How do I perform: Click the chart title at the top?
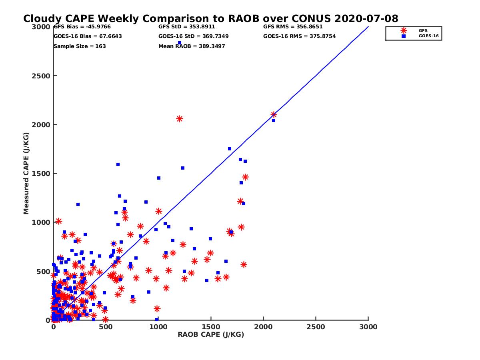coord(210,19)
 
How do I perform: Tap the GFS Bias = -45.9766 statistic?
coord(82,27)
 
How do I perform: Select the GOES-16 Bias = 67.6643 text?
coord(88,36)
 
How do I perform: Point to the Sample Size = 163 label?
coord(80,46)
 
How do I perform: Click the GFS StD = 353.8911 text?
coord(186,27)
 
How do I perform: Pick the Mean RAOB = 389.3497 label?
coord(192,46)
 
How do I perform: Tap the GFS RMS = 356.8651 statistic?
coord(293,27)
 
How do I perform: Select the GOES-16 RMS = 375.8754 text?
coord(299,36)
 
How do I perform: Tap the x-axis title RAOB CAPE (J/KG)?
coord(211,335)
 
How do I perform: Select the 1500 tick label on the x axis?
coord(211,327)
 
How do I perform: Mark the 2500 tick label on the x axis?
coord(316,327)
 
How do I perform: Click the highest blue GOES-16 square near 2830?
coord(180,43)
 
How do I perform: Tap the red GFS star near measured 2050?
coord(180,119)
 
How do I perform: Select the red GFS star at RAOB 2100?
coord(274,115)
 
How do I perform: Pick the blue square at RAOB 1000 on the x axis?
coord(157,320)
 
